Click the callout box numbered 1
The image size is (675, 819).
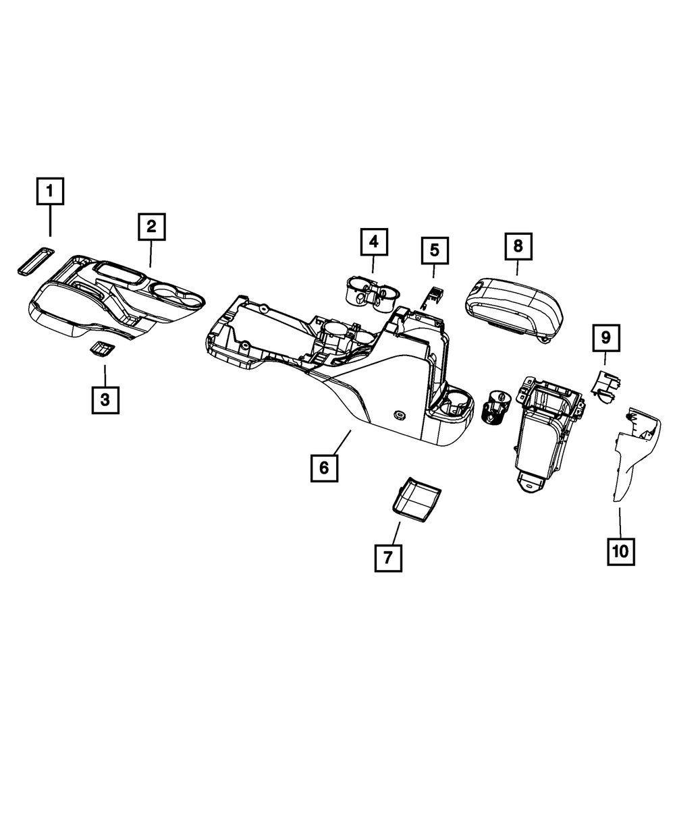click(51, 192)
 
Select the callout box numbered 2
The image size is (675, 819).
click(151, 227)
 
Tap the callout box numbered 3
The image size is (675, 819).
click(105, 399)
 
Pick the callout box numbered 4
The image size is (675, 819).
click(374, 242)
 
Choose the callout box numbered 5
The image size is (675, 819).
click(434, 250)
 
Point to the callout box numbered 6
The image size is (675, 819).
click(324, 468)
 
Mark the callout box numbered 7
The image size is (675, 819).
click(388, 557)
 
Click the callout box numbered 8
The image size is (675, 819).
click(518, 246)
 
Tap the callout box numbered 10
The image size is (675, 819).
click(620, 551)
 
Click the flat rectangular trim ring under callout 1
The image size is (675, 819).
click(35, 260)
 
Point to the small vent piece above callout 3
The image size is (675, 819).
click(103, 349)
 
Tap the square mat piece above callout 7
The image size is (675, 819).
click(414, 499)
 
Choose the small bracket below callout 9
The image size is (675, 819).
click(606, 387)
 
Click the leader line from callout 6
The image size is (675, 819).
click(344, 441)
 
